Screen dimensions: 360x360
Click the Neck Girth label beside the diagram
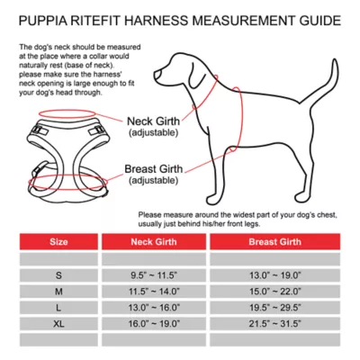156,121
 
